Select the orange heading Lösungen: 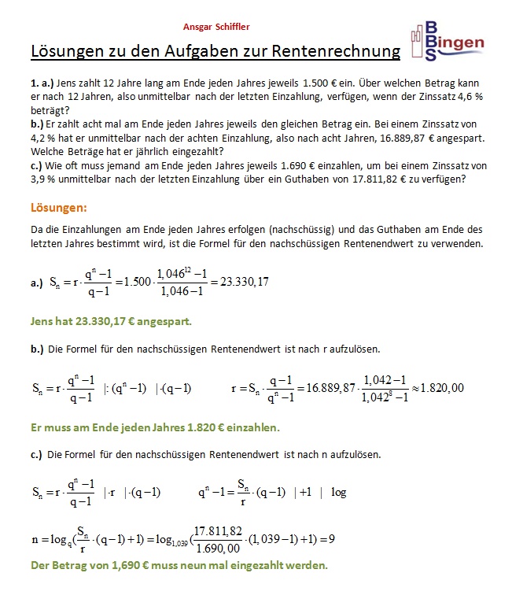59,208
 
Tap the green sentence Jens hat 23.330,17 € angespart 110,321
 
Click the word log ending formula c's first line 338,493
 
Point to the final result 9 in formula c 333,540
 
